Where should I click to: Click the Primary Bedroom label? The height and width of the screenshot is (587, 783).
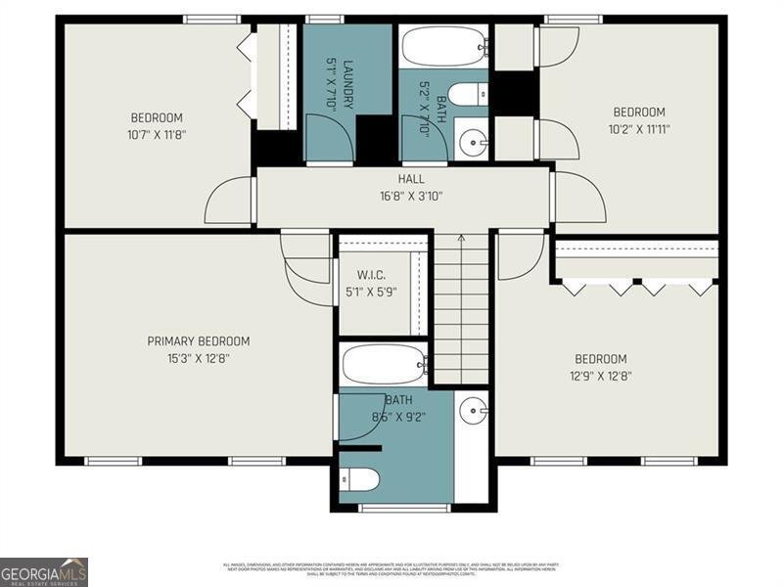tap(198, 341)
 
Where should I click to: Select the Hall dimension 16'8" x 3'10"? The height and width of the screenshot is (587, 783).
tap(411, 196)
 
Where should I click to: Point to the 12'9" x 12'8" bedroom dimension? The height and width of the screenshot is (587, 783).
tap(600, 376)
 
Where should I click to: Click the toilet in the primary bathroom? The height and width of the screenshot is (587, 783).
tap(363, 479)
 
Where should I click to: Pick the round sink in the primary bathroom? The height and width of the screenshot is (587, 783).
tap(473, 410)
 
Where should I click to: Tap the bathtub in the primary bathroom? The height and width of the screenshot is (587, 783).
tap(385, 364)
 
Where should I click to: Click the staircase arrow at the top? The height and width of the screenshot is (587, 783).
tap(461, 237)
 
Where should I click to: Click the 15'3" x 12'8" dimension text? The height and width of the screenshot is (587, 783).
tap(198, 358)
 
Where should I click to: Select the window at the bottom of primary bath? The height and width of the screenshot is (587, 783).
tap(391, 507)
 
